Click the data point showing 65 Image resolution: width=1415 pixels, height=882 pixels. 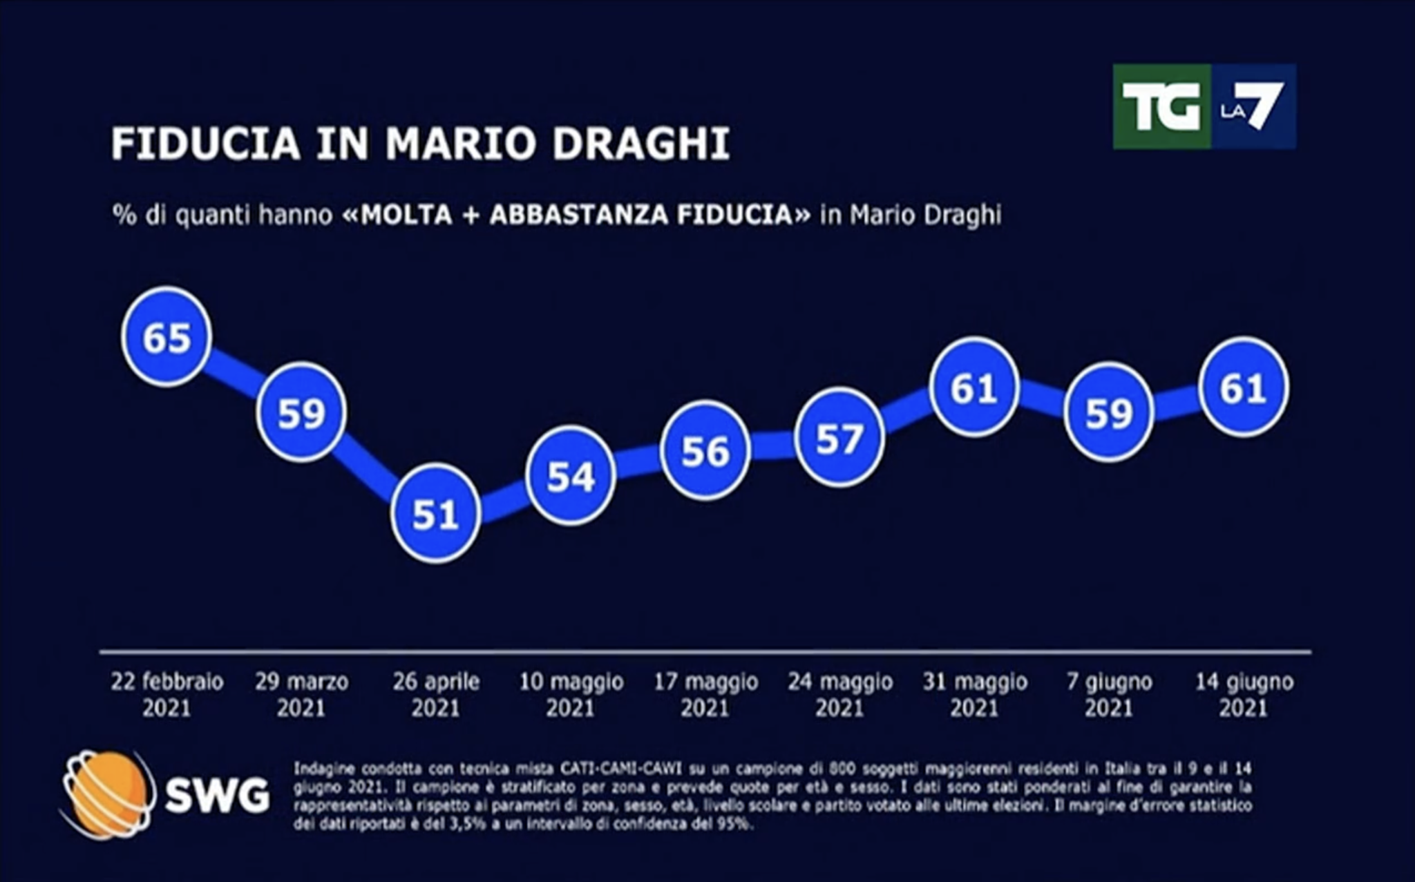coord(167,336)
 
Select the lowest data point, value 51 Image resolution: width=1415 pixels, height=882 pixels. coord(435,514)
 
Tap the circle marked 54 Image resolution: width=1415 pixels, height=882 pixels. coord(570,476)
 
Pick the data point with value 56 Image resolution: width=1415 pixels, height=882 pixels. coord(705,451)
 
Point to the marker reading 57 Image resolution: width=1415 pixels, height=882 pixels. coord(839,438)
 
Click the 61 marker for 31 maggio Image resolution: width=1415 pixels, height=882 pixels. coord(974,387)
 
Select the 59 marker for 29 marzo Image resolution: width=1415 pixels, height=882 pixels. coord(301,412)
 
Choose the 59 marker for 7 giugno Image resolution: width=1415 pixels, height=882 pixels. coord(1108,412)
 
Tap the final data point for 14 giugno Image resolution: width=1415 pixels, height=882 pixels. coord(1244,387)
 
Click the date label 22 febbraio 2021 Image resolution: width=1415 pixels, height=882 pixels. coord(167,695)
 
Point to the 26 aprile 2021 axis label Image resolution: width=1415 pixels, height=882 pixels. coord(436,695)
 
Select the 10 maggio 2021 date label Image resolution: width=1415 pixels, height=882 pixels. coord(571,695)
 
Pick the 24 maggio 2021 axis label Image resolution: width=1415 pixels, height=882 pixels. coord(840,695)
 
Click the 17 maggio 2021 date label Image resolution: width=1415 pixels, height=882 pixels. coord(706,695)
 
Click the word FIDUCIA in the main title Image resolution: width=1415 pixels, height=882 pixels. coord(206,144)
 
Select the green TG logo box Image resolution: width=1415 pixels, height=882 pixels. coord(1161,106)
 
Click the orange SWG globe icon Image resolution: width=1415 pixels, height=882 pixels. coord(107,795)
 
